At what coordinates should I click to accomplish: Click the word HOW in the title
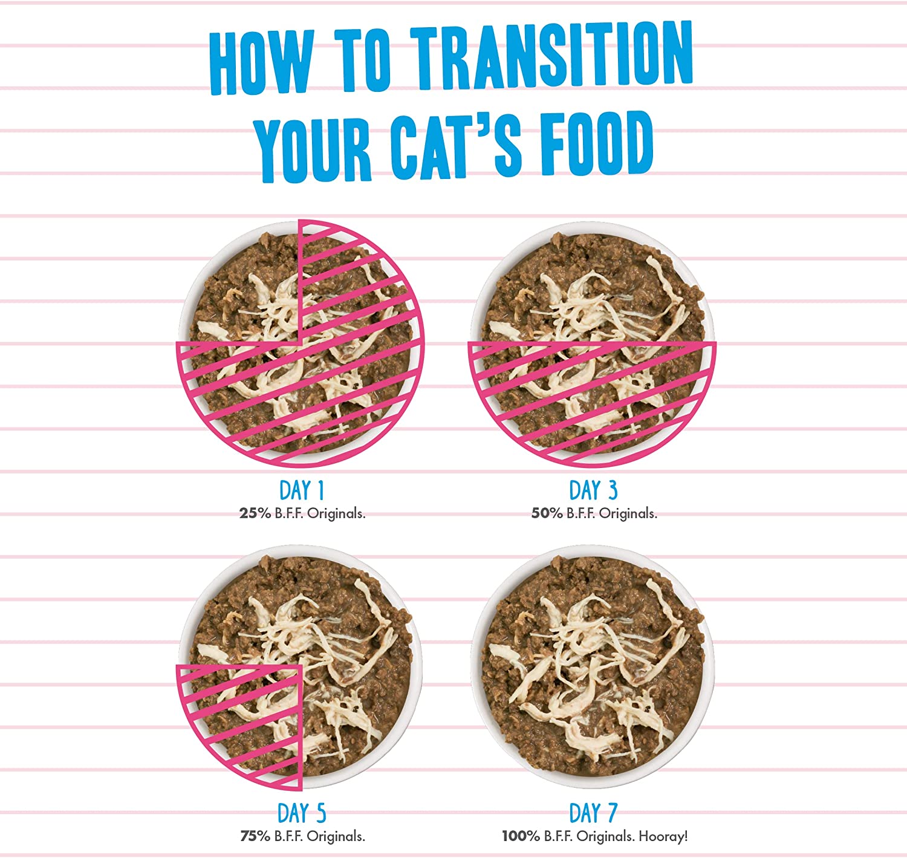(262, 62)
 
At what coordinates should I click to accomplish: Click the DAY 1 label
(302, 490)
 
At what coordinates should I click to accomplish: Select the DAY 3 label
(593, 490)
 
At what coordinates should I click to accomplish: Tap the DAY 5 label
(302, 813)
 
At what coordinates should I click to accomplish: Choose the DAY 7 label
(593, 813)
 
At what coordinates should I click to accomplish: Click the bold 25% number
(255, 513)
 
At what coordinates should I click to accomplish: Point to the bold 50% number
(547, 513)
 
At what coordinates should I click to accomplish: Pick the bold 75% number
(255, 836)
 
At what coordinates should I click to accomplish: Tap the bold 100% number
(521, 836)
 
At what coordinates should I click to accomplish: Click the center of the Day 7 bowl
(593, 667)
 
